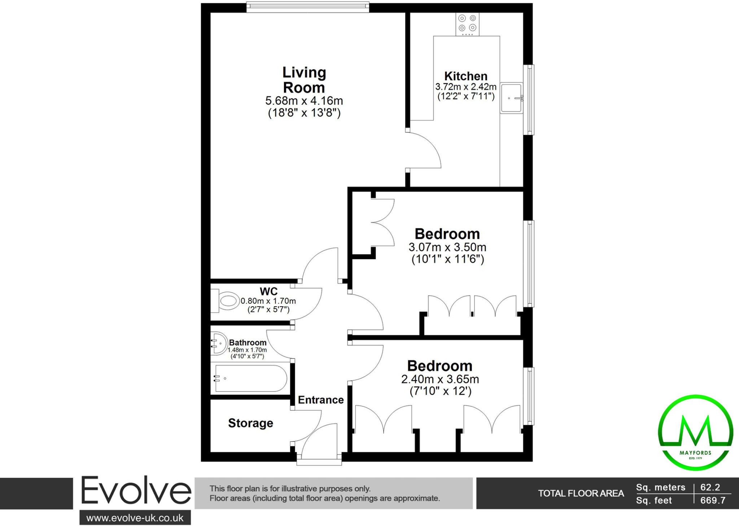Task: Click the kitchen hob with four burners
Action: (467, 24)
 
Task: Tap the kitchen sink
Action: (511, 98)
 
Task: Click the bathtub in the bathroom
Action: (251, 378)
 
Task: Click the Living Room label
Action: (304, 80)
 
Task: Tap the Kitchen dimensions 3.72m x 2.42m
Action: (466, 87)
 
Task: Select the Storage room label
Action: (250, 423)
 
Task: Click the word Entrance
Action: (320, 400)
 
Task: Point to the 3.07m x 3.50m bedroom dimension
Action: (447, 247)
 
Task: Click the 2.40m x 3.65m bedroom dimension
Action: (440, 379)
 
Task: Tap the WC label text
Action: (268, 291)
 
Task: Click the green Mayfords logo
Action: (695, 432)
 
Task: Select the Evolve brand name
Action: (136, 491)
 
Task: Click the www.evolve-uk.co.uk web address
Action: (135, 518)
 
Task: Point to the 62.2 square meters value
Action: (710, 487)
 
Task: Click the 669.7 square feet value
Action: (713, 501)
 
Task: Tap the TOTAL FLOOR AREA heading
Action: (581, 493)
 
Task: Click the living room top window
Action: (308, 7)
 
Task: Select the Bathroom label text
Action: (248, 342)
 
